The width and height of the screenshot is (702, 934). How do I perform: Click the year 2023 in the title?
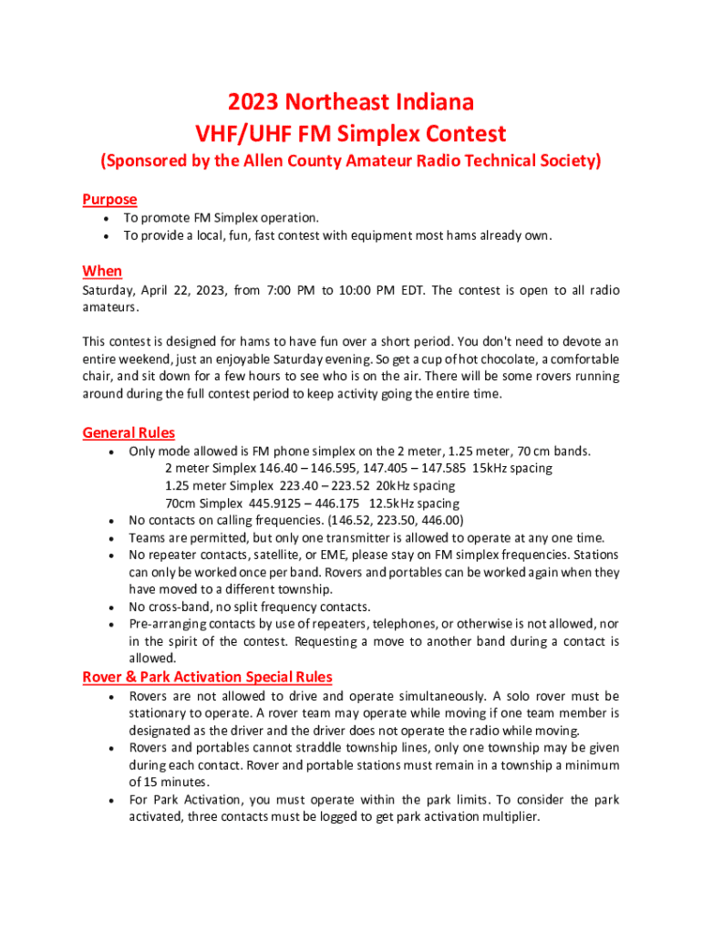tap(254, 101)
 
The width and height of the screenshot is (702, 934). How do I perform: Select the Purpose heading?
tap(109, 199)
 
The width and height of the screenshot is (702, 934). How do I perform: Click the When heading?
tap(102, 271)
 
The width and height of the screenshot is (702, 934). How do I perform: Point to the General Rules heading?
tap(129, 432)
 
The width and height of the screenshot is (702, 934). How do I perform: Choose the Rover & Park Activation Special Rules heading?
tap(207, 677)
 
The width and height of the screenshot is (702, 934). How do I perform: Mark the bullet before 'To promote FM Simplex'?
tap(108, 218)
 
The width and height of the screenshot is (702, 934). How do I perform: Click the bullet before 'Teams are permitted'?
tap(109, 538)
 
